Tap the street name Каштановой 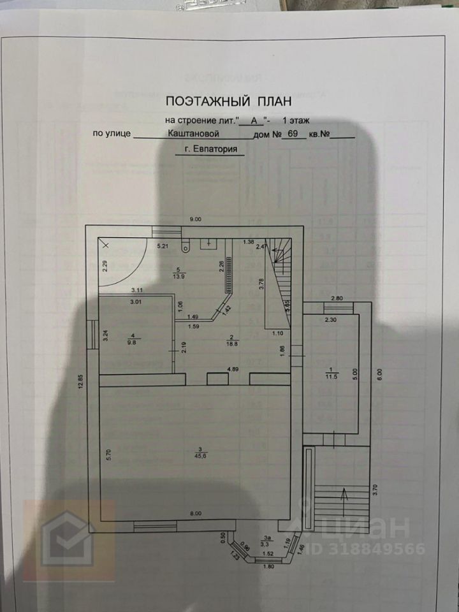pyautogui.click(x=194, y=134)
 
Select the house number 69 pyautogui.click(x=293, y=134)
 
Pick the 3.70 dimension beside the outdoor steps pyautogui.click(x=375, y=491)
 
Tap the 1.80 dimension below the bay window pyautogui.click(x=268, y=567)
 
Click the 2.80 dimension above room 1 pyautogui.click(x=337, y=298)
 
